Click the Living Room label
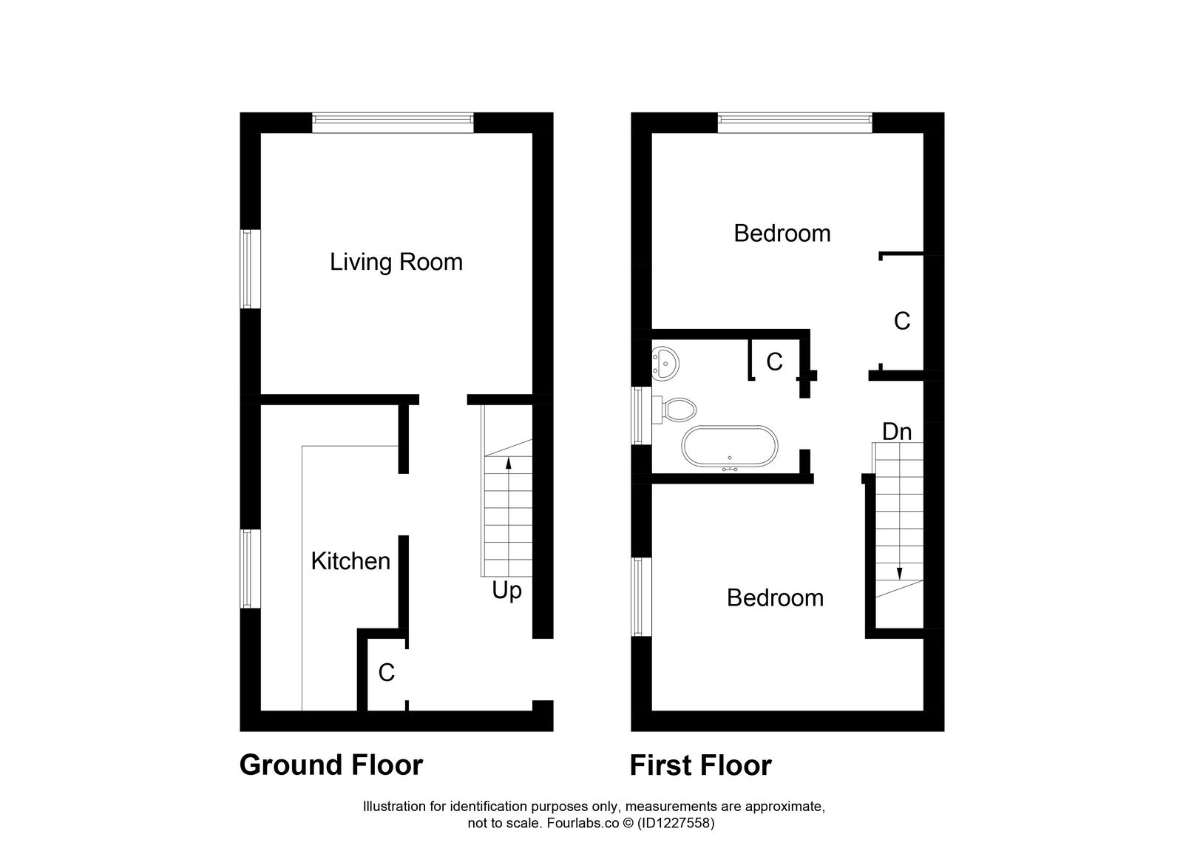pos(396,262)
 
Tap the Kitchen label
pos(350,561)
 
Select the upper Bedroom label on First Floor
pos(782,234)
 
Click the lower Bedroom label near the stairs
pos(774,597)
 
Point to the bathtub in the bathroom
pos(729,447)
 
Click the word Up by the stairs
pos(506,591)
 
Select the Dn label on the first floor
pos(897,431)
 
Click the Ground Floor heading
pos(331,765)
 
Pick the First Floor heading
pos(699,765)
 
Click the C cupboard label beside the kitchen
pos(386,673)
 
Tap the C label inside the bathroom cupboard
pos(774,362)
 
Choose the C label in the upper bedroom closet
pos(901,321)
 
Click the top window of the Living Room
pos(392,122)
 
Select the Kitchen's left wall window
pos(250,568)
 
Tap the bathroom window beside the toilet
pos(641,416)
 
